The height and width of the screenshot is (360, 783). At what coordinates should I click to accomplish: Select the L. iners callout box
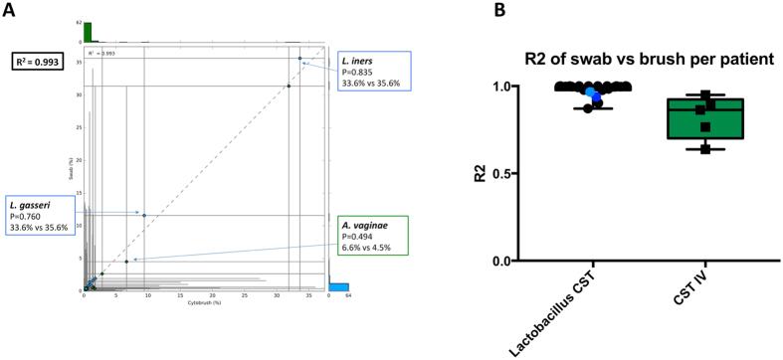(x=370, y=69)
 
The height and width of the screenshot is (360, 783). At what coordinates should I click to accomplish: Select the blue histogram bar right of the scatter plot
(x=338, y=287)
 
